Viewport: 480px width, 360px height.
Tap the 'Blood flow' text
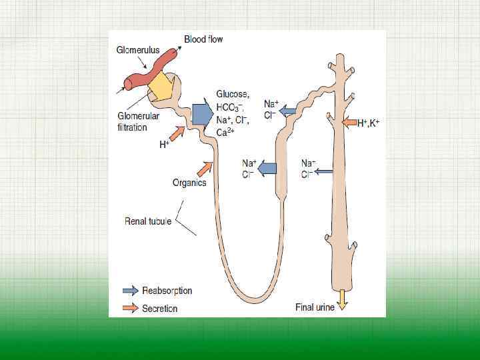click(203, 39)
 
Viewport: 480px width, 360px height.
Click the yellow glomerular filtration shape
click(161, 85)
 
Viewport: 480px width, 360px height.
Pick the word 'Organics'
click(189, 182)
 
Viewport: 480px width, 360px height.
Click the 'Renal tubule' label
click(148, 221)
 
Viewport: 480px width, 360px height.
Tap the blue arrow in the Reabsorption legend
click(131, 291)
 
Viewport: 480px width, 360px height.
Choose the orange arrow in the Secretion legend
click(131, 308)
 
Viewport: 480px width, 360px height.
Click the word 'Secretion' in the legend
click(159, 308)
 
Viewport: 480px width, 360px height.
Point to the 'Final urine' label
click(315, 307)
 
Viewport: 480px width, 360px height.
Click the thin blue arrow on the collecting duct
click(323, 171)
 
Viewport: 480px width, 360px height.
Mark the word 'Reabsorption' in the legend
click(167, 291)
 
